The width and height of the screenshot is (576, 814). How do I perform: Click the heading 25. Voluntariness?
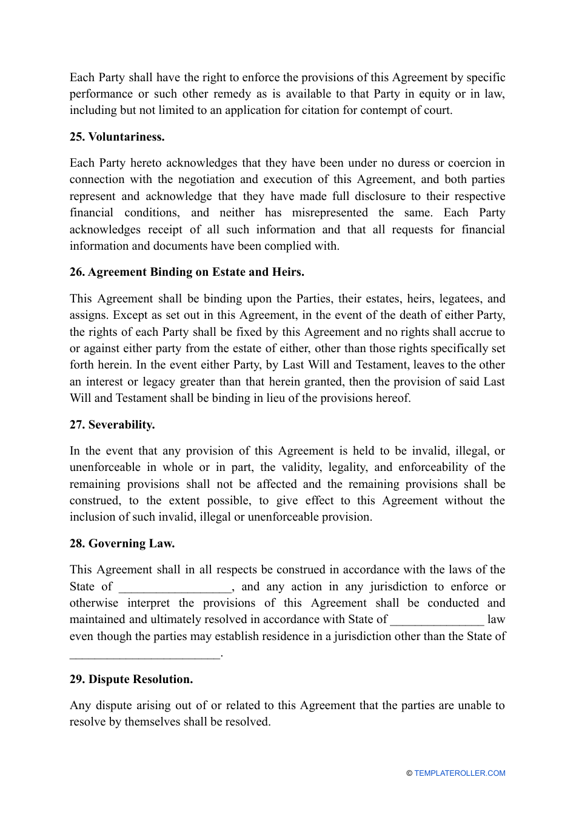tap(117, 137)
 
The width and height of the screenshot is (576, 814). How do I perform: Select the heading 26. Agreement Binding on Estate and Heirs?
tap(187, 272)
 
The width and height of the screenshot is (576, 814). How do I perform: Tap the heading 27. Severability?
tap(112, 425)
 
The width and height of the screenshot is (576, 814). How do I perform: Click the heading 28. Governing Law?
tap(122, 544)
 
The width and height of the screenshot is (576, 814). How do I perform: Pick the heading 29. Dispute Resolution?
tap(131, 679)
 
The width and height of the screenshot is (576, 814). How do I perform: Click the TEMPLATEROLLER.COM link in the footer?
tap(460, 773)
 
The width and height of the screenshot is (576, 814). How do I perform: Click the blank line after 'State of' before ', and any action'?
tap(175, 588)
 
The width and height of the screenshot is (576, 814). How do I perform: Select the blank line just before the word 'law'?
tap(437, 621)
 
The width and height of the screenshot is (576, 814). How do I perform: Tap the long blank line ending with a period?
tap(145, 655)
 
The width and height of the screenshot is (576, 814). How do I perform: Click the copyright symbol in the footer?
tap(409, 773)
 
